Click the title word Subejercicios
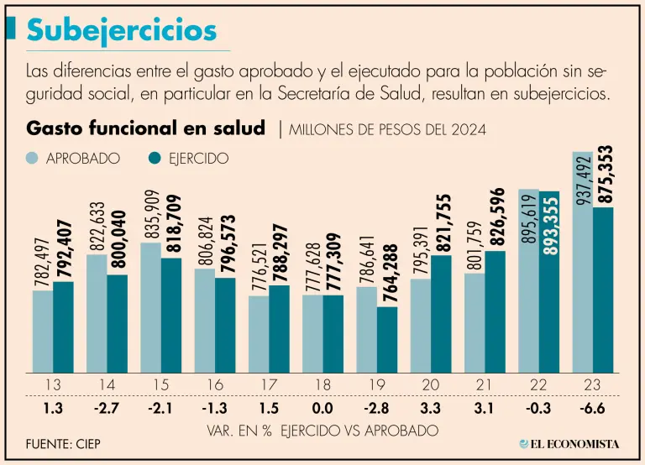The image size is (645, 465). click(x=122, y=30)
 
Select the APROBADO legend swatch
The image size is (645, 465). click(x=33, y=158)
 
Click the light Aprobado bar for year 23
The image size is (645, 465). click(x=583, y=277)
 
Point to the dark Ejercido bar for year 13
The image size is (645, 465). click(x=63, y=327)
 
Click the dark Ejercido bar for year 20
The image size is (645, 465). click(x=441, y=314)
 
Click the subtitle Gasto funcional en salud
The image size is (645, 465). click(x=146, y=128)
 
